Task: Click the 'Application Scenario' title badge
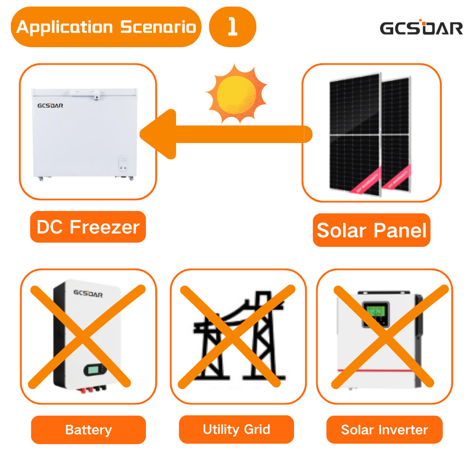pos(106,27)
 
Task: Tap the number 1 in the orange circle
pos(233,27)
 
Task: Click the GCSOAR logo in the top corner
pos(421,28)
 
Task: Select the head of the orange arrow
pos(157,134)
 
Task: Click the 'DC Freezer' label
pos(88,227)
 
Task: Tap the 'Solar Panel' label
pos(371,230)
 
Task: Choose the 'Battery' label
pos(88,430)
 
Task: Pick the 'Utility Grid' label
pos(236,429)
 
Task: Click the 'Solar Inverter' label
pos(384,430)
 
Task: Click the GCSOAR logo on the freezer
pos(50,105)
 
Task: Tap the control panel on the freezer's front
pos(123,165)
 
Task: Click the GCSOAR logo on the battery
pos(88,294)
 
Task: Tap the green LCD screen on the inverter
pos(376,313)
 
